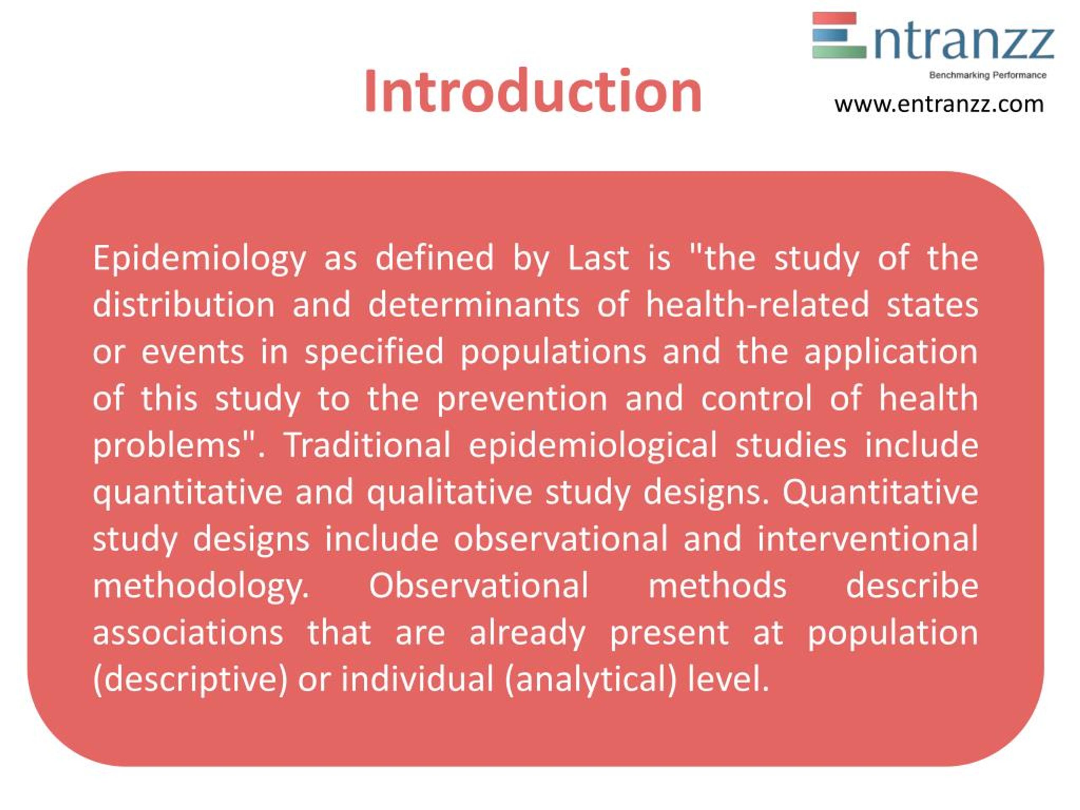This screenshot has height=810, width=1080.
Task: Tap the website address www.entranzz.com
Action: tap(939, 105)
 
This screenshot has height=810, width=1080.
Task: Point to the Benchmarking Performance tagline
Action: tap(988, 75)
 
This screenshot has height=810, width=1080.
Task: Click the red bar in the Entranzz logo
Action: tap(834, 19)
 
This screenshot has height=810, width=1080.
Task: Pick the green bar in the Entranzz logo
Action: tap(839, 51)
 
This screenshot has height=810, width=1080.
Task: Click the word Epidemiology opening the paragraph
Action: tap(200, 259)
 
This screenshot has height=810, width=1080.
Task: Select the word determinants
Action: tap(474, 305)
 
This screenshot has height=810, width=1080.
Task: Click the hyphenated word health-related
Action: tap(757, 305)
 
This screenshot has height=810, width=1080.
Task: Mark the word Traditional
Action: tap(367, 445)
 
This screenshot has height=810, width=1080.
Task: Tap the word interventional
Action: tap(868, 539)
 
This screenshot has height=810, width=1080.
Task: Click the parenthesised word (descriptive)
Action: tap(190, 680)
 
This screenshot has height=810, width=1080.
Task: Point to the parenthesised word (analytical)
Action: tap(591, 680)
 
